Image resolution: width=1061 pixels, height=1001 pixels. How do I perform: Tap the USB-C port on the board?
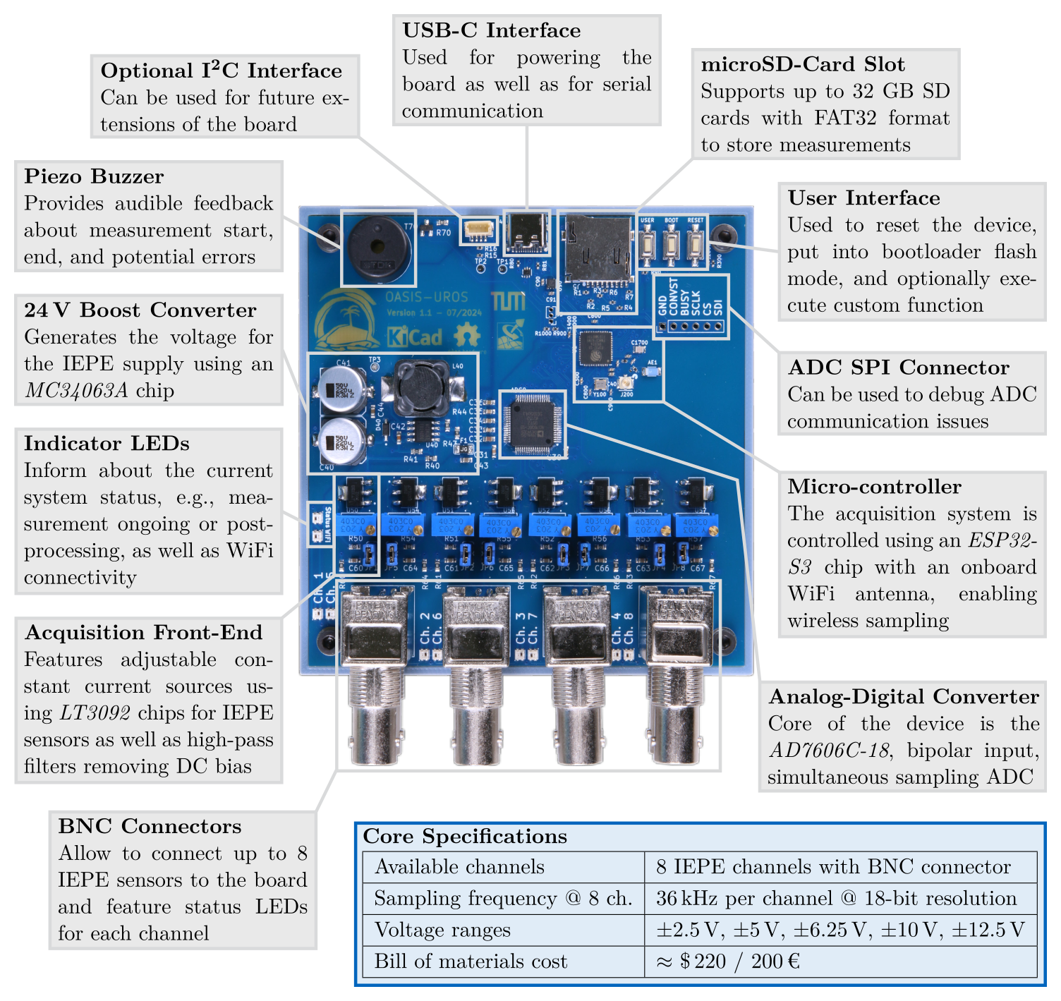pyautogui.click(x=527, y=231)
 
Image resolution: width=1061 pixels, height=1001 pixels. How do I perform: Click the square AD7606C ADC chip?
pyautogui.click(x=532, y=423)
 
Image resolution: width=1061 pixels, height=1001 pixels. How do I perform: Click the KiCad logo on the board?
pyautogui.click(x=416, y=336)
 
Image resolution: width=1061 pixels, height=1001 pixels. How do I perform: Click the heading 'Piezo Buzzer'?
pyautogui.click(x=94, y=176)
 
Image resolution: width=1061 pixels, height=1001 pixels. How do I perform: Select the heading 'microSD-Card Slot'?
pyautogui.click(x=802, y=64)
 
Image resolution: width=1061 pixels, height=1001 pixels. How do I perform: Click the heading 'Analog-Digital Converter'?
pyautogui.click(x=903, y=697)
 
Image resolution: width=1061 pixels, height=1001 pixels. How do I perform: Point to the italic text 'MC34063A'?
pyautogui.click(x=76, y=391)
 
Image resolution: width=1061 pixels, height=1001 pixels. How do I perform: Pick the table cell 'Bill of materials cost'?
pyautogui.click(x=471, y=961)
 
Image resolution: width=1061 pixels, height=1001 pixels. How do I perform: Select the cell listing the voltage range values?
pyautogui.click(x=840, y=930)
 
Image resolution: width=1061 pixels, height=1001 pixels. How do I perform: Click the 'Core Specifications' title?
pyautogui.click(x=465, y=837)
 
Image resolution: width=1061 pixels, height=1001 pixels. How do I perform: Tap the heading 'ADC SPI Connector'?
pyautogui.click(x=898, y=368)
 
